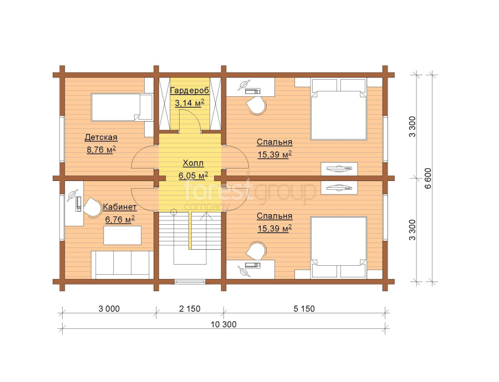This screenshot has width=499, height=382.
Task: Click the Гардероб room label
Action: point(190,91)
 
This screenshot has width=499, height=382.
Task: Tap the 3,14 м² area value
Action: point(190,102)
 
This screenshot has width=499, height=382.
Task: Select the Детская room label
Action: point(101,137)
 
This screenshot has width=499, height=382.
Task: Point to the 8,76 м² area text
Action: point(101,149)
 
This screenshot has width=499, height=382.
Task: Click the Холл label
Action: point(193,163)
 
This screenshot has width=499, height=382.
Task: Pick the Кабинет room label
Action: point(120,207)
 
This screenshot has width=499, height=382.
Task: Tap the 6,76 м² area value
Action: point(120,219)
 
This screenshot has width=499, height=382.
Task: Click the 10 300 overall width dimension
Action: point(223,324)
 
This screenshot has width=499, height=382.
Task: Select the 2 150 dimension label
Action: point(190,308)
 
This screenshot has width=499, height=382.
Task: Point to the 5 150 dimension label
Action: point(304,308)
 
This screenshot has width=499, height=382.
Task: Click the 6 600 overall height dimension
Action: point(428,178)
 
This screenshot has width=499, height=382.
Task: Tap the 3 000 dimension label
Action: point(109,308)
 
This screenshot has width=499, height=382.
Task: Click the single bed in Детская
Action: point(121,107)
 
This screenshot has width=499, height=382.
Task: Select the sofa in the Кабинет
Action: point(123,265)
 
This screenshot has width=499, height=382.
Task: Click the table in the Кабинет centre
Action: point(122,235)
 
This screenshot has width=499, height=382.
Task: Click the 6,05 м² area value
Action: point(193,175)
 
